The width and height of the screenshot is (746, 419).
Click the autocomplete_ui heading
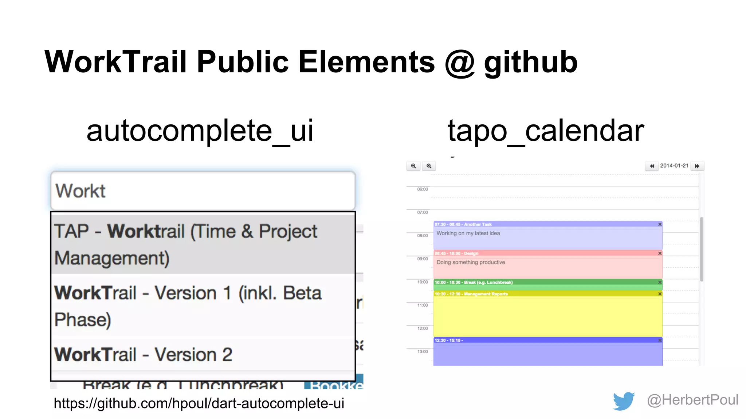(200, 131)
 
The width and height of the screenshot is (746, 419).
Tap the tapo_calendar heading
(545, 131)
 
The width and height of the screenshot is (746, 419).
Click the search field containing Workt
(203, 191)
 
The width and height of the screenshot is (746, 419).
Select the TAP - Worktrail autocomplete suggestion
(203, 244)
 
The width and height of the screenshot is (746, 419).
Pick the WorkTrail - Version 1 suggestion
(203, 306)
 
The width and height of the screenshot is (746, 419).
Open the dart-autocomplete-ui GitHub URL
(199, 403)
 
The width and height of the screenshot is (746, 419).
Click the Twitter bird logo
(624, 401)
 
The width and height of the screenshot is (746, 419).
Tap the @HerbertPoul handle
(692, 400)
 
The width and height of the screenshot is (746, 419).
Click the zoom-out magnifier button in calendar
(413, 166)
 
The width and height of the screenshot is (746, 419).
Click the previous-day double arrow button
(652, 166)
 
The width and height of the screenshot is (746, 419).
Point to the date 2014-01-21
(674, 166)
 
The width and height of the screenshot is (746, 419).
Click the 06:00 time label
(423, 189)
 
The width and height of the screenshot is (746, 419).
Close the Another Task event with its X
(660, 224)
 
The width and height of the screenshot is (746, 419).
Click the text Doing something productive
(471, 262)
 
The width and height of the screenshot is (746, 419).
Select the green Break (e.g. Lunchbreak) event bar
(546, 283)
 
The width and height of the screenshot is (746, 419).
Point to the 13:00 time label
(423, 352)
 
